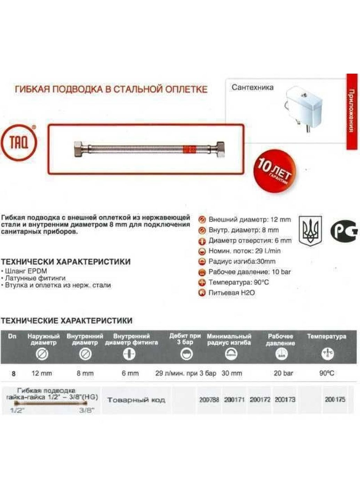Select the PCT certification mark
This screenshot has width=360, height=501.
(343, 230)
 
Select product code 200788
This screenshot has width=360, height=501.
(209, 400)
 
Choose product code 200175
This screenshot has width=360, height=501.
(335, 399)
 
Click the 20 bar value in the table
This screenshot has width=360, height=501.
(283, 373)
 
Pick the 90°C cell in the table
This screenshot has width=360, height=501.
(327, 373)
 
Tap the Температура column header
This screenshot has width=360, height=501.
(326, 336)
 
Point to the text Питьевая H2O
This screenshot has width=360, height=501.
(231, 293)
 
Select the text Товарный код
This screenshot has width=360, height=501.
(136, 400)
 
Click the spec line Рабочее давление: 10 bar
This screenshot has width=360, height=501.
(249, 272)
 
